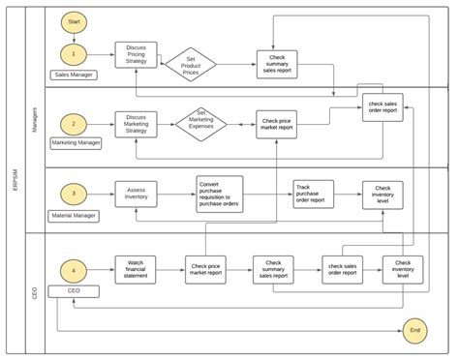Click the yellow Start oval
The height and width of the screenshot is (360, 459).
click(74, 20)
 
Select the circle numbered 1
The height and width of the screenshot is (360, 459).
click(74, 53)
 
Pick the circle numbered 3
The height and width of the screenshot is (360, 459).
click(74, 195)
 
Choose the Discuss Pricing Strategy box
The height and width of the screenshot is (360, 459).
click(136, 55)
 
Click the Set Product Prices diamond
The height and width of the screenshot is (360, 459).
click(190, 65)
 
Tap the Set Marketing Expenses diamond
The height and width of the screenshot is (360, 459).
click(201, 123)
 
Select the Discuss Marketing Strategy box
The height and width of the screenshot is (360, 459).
click(136, 125)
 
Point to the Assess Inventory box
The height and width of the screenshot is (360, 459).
click(136, 194)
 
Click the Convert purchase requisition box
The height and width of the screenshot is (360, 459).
click(220, 193)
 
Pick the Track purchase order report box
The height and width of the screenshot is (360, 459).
click(314, 194)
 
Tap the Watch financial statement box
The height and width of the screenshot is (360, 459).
click(136, 269)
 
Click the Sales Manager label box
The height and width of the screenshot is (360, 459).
click(74, 74)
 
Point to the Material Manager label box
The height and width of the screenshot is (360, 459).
click(76, 215)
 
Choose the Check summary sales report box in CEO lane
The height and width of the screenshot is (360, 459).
click(273, 269)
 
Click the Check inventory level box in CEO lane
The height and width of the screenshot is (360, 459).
click(402, 269)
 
